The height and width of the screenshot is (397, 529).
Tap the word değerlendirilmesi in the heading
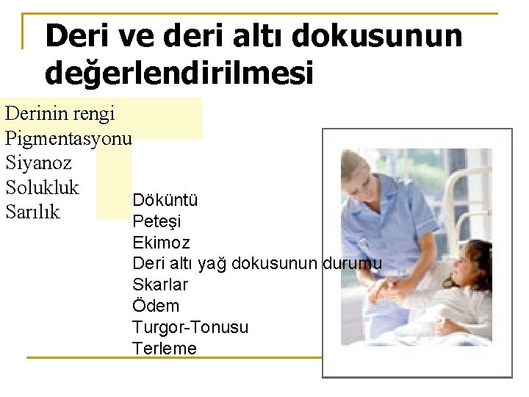[179, 73]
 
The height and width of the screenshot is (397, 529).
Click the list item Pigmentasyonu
[68, 137]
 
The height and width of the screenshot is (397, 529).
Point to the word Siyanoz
[38, 162]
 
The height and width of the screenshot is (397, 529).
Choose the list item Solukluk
[42, 187]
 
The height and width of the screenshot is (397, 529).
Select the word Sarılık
[32, 212]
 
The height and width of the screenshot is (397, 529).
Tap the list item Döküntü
[165, 200]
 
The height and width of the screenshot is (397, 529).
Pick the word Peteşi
[156, 221]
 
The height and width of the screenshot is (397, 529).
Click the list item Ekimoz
[161, 243]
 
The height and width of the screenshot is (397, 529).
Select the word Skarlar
[160, 285]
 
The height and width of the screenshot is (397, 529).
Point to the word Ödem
[156, 306]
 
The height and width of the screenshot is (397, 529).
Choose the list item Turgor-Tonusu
[190, 327]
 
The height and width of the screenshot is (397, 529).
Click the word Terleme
[165, 348]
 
